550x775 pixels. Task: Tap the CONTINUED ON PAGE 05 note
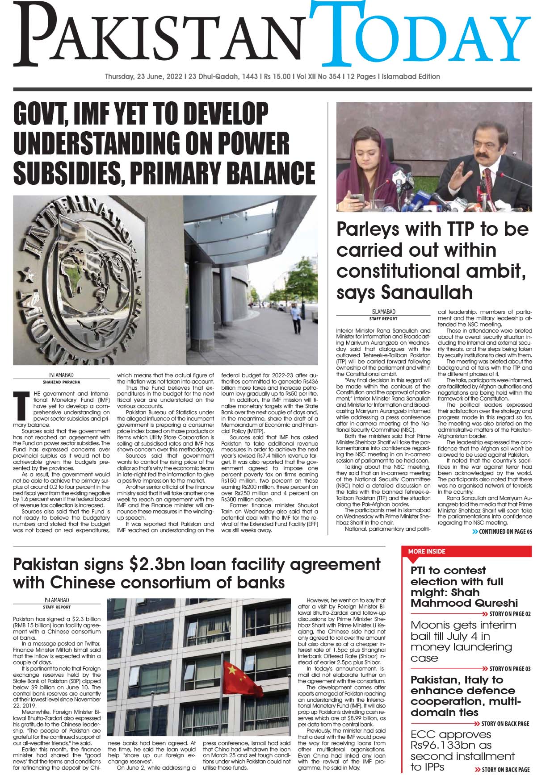pos(503,532)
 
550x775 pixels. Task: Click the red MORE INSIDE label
pos(427,552)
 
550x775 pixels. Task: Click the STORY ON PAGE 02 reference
pos(509,614)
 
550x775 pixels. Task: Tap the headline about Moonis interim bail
pos(463,641)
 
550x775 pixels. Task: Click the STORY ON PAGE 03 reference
pos(509,669)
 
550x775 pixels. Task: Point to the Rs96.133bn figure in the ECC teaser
pos(451,745)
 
